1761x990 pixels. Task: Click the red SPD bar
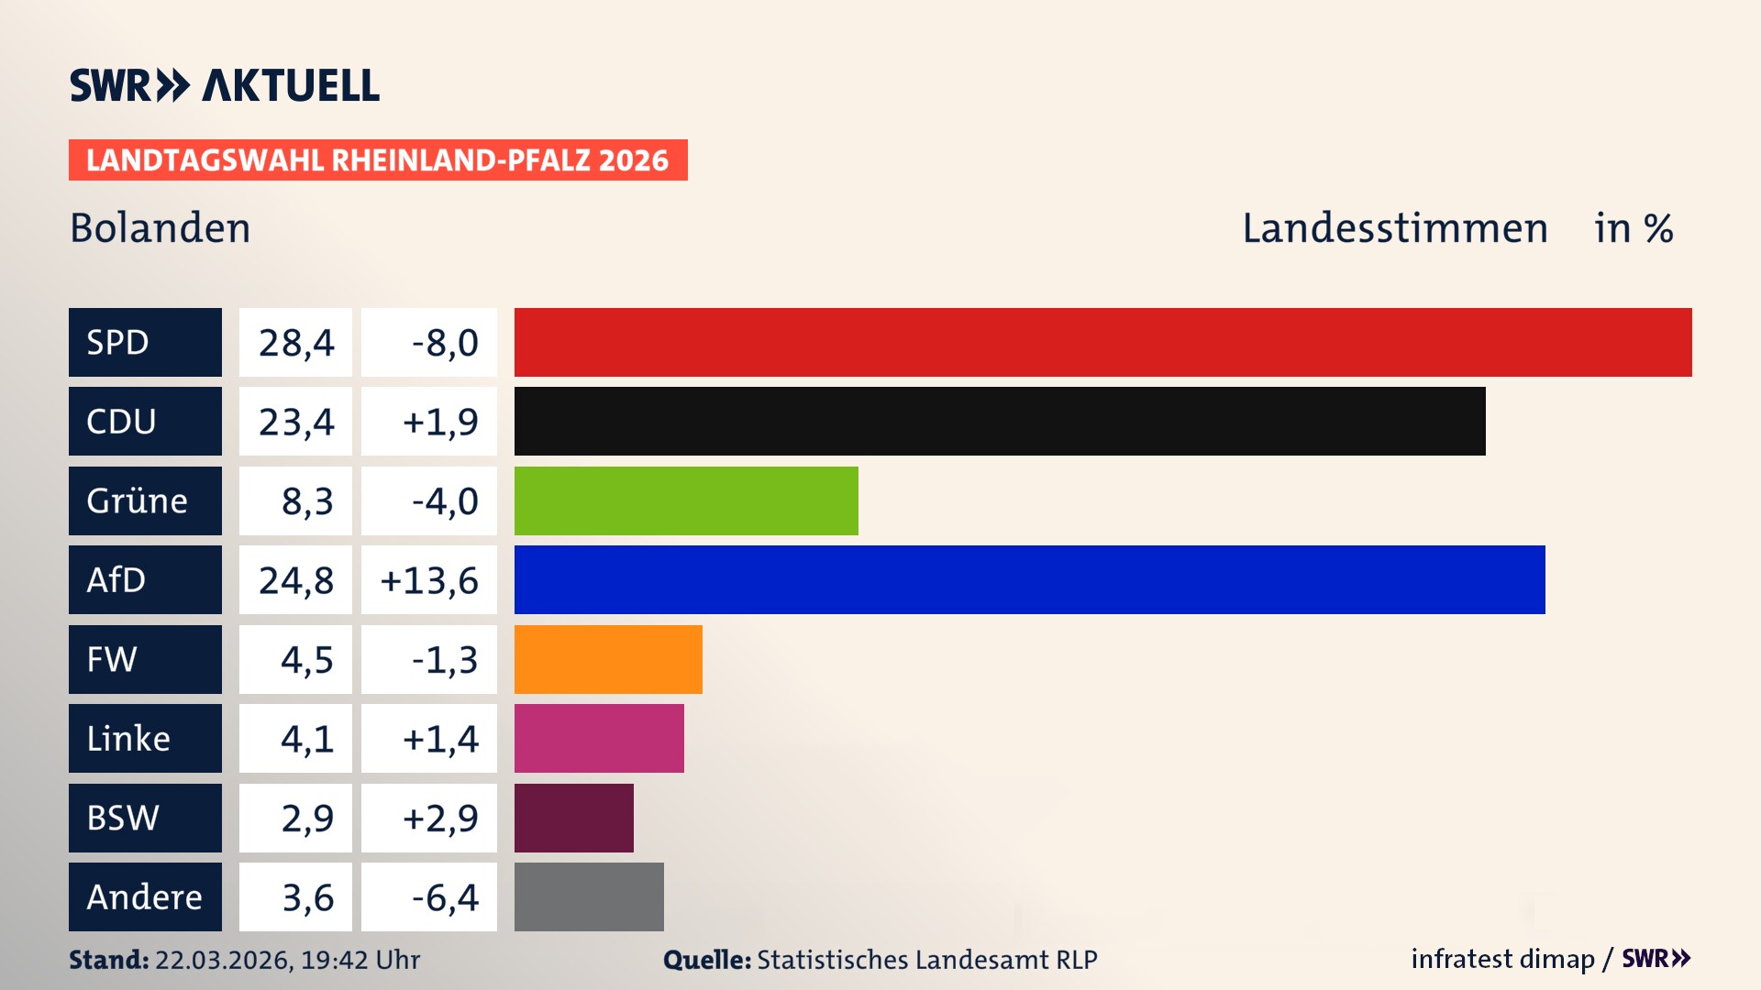pos(1102,342)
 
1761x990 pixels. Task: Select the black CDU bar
pos(1000,422)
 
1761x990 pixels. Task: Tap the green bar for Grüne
pos(686,500)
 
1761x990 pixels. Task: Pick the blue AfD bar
pos(1029,579)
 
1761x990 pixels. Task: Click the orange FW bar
pos(608,659)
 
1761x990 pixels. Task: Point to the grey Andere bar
pos(589,896)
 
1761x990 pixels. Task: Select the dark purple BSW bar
pos(573,818)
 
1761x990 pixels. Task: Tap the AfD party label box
pos(145,579)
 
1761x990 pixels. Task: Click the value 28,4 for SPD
pos(295,342)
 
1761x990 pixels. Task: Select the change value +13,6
pos(429,579)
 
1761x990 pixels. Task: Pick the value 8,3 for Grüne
pos(306,500)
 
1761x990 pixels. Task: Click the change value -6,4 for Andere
pos(444,896)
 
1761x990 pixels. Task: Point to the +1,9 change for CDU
pos(439,422)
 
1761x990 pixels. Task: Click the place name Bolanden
pos(160,227)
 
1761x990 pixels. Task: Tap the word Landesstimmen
pos(1394,227)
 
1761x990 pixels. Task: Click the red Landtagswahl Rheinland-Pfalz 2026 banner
pos(378,159)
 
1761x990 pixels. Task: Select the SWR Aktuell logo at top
pos(224,85)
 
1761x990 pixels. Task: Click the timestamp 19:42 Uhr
pos(360,960)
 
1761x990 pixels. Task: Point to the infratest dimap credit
pos(1501,959)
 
